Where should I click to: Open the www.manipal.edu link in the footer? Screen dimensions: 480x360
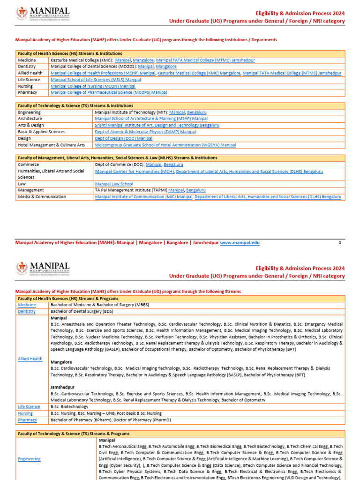pos(240,243)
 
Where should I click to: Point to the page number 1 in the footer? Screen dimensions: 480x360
pos(340,243)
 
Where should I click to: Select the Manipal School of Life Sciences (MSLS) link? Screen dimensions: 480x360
pos(96,80)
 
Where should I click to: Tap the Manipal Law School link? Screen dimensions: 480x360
pos(114,184)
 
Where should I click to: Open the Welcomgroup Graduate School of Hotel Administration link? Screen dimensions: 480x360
pos(165,145)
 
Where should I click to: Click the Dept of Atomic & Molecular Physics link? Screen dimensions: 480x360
pos(145,132)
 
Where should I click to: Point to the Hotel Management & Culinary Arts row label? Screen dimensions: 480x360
pos(52,145)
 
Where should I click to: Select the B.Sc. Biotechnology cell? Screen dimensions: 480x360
pos(69,406)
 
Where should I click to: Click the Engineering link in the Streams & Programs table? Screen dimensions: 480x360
pos(30,459)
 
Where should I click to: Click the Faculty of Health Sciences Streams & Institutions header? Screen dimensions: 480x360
pos(70,53)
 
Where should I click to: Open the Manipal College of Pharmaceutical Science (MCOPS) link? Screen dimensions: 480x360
pos(109,93)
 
